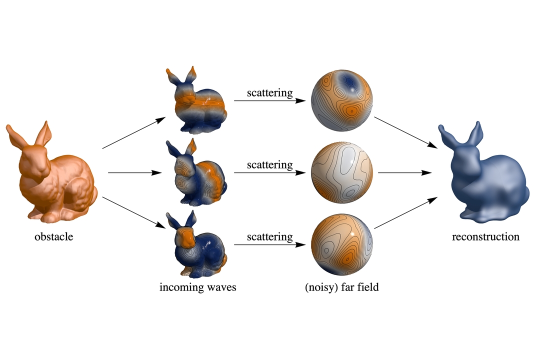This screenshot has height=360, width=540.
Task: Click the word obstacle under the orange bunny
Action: (x=53, y=236)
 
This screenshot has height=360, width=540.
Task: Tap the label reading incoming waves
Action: (x=197, y=287)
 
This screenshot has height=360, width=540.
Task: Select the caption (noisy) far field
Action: (x=341, y=287)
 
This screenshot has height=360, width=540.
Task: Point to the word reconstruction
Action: (x=485, y=236)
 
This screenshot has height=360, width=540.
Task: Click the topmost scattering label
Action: (x=269, y=93)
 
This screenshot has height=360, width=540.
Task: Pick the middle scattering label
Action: (x=269, y=164)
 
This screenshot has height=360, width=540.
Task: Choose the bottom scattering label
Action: (x=269, y=236)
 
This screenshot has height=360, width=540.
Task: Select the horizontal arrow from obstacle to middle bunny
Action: (x=135, y=172)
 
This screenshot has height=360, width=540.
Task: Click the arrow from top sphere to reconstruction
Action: (x=405, y=132)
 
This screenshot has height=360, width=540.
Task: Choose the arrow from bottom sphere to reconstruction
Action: (x=405, y=212)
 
